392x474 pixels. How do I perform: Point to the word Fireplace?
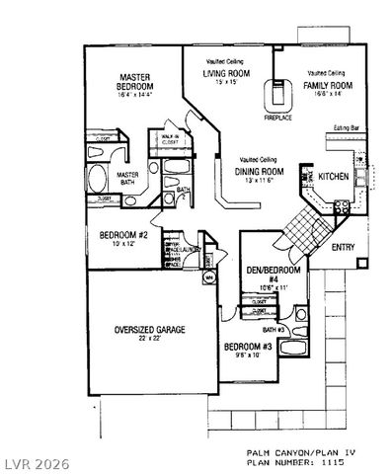pyautogui.click(x=277, y=117)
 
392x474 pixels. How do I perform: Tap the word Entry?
pyautogui.click(x=344, y=247)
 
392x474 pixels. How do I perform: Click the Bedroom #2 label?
pyautogui.click(x=123, y=235)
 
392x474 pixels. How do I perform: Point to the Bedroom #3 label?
pyautogui.click(x=248, y=347)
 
